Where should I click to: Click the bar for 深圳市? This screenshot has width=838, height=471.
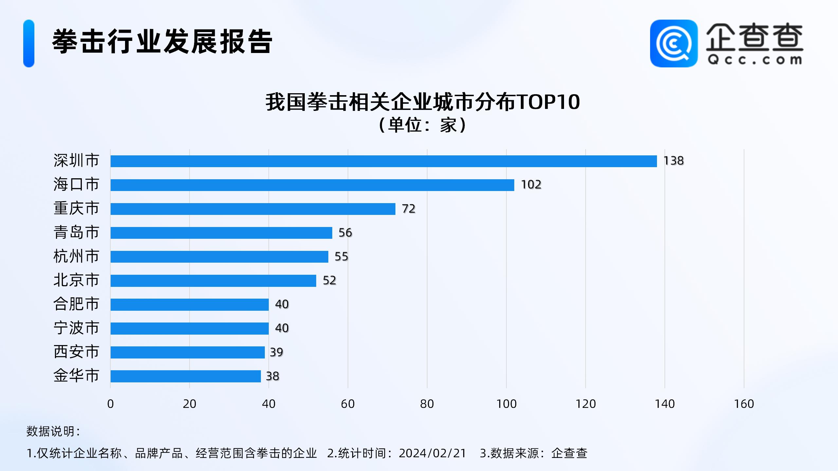(x=383, y=161)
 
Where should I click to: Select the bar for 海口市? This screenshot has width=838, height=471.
(x=312, y=185)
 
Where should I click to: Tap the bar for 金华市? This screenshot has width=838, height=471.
(x=186, y=376)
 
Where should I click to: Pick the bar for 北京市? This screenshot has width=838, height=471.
(x=213, y=281)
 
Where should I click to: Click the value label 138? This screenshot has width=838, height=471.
(x=673, y=161)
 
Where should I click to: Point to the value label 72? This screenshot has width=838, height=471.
(x=409, y=209)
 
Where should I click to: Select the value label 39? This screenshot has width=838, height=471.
(x=276, y=352)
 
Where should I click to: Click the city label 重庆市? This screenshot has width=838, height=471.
(x=76, y=208)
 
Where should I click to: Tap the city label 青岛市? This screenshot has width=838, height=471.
(x=76, y=232)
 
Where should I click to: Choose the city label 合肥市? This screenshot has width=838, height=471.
(x=76, y=304)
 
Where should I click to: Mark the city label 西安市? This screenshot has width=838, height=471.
(x=76, y=352)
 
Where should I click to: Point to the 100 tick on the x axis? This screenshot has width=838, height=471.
(x=506, y=404)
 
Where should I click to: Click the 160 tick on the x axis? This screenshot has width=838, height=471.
(x=744, y=404)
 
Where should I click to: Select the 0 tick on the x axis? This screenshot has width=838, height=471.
(x=111, y=404)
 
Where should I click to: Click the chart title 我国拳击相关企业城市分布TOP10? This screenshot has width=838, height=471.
(x=423, y=102)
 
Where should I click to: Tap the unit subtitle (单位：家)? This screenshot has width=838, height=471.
(x=423, y=125)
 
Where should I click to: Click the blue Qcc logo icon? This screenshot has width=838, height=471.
(x=674, y=44)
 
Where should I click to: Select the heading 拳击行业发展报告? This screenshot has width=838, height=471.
(x=162, y=42)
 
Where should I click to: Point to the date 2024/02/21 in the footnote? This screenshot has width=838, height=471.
(x=432, y=453)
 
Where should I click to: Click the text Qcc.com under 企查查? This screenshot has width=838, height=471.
(x=754, y=60)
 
